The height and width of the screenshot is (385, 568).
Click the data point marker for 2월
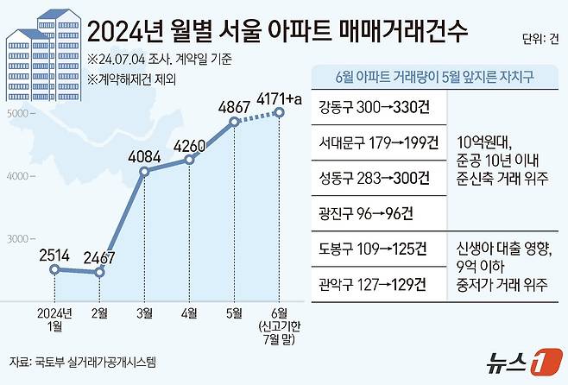pos(100,272)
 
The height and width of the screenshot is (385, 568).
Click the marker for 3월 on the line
pos(144,172)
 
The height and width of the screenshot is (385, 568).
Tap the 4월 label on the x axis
pos(190,312)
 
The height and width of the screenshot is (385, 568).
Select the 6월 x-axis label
pos(279,312)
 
